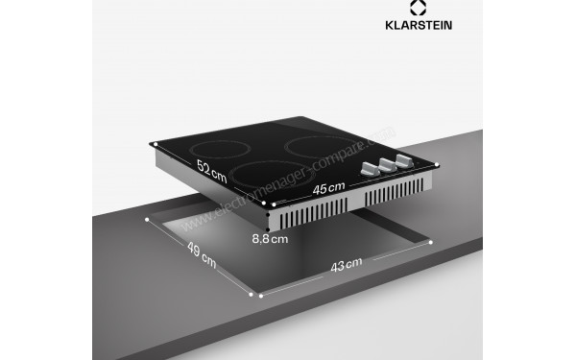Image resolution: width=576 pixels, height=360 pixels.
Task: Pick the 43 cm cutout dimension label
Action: (346, 262)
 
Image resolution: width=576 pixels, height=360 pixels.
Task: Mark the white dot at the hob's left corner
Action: (151, 145)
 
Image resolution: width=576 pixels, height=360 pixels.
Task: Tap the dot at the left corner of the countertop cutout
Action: (146, 220)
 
